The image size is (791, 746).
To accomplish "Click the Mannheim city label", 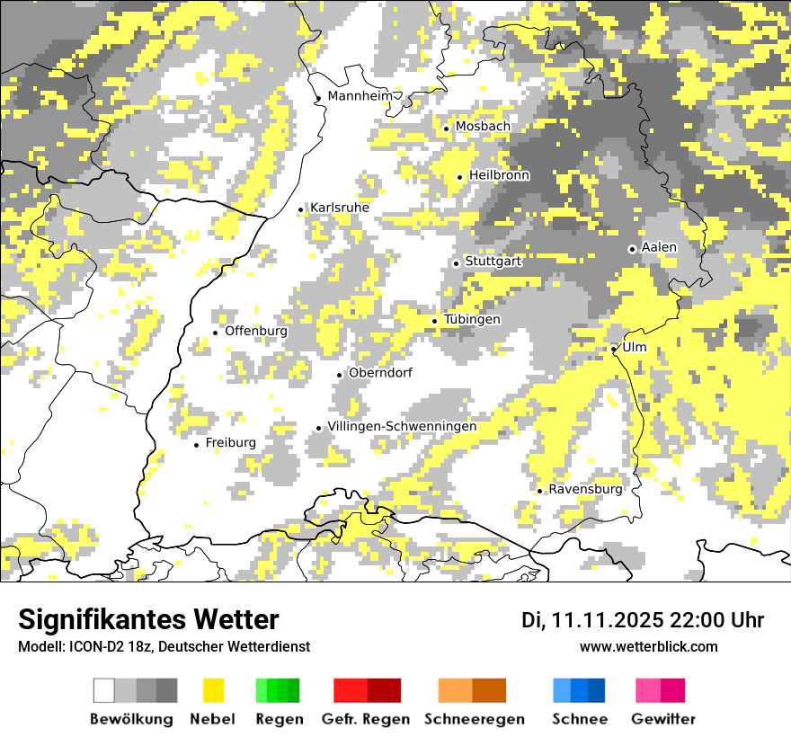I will pos(360,96).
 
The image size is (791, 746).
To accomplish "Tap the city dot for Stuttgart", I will pos(457,263).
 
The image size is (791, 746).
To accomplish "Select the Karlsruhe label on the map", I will pos(340,208).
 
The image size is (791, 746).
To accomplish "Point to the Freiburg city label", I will pos(230,442).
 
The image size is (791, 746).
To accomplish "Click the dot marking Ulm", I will pos(614,349).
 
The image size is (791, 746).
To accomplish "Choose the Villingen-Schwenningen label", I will pos(402,426).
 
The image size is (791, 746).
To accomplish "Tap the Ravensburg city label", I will pos(585,489).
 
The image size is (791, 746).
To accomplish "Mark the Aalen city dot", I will pos(632,249).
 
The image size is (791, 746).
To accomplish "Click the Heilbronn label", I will pos(499,175).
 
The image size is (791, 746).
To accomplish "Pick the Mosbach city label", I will pos(483,127).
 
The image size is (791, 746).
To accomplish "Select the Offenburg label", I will pos(256,331).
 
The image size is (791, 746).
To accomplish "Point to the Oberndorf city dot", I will pos(340,375).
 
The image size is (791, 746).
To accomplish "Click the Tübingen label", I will pos(472,319).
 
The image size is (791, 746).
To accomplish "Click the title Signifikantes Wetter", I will pos(148,619).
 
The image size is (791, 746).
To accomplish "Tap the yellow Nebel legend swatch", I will pos(213,690).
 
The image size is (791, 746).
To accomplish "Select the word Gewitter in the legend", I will pos(663,719).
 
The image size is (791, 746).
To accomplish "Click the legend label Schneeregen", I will pos(475,719).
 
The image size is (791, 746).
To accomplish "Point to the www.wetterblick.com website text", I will pos(648,646).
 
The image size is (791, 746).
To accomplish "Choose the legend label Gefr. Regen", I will pos(366,719).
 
